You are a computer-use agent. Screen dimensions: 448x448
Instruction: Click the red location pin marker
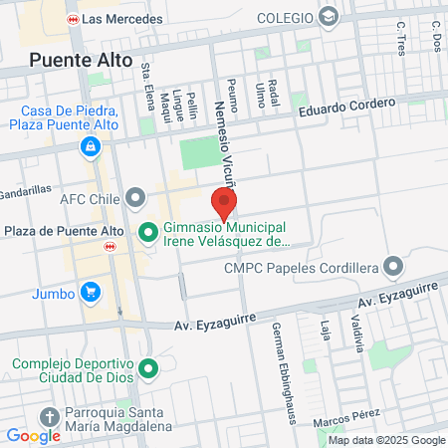click(224, 204)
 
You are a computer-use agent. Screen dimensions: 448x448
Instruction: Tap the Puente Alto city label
click(81, 59)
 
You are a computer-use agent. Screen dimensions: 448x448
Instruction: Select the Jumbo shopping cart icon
click(91, 292)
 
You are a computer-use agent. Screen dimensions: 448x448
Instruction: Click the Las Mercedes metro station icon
click(72, 19)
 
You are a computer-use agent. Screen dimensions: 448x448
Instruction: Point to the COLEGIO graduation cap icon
click(330, 18)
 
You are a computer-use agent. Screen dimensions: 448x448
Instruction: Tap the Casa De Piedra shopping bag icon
click(91, 147)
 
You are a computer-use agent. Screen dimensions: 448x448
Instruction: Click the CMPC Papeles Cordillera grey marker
click(395, 266)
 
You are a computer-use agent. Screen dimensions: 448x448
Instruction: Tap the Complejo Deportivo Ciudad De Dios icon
click(149, 370)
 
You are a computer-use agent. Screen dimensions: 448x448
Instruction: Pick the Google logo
click(33, 435)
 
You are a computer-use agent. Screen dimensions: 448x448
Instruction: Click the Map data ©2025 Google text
click(386, 440)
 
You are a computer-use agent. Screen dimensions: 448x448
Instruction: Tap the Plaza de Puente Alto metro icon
click(110, 248)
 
